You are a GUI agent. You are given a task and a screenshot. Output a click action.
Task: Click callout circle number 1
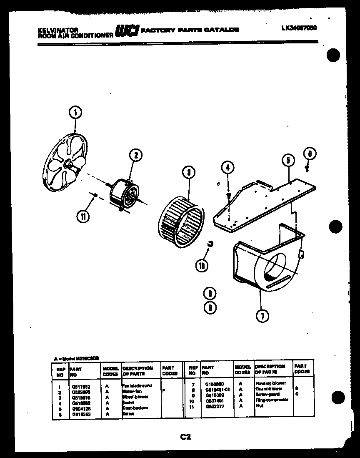point(75,112)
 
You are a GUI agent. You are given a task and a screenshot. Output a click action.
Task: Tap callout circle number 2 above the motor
point(135,156)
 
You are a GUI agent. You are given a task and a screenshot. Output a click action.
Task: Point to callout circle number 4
point(227,168)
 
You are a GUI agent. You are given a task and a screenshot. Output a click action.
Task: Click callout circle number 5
point(288,160)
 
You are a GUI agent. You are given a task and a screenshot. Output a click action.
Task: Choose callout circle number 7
point(261,316)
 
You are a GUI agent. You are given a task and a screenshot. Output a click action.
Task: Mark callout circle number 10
point(202,265)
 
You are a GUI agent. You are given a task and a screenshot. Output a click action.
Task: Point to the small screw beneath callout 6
point(307,168)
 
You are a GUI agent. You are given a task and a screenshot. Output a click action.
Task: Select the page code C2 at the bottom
point(185,437)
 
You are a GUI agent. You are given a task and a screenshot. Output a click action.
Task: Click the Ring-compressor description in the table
point(271,400)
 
